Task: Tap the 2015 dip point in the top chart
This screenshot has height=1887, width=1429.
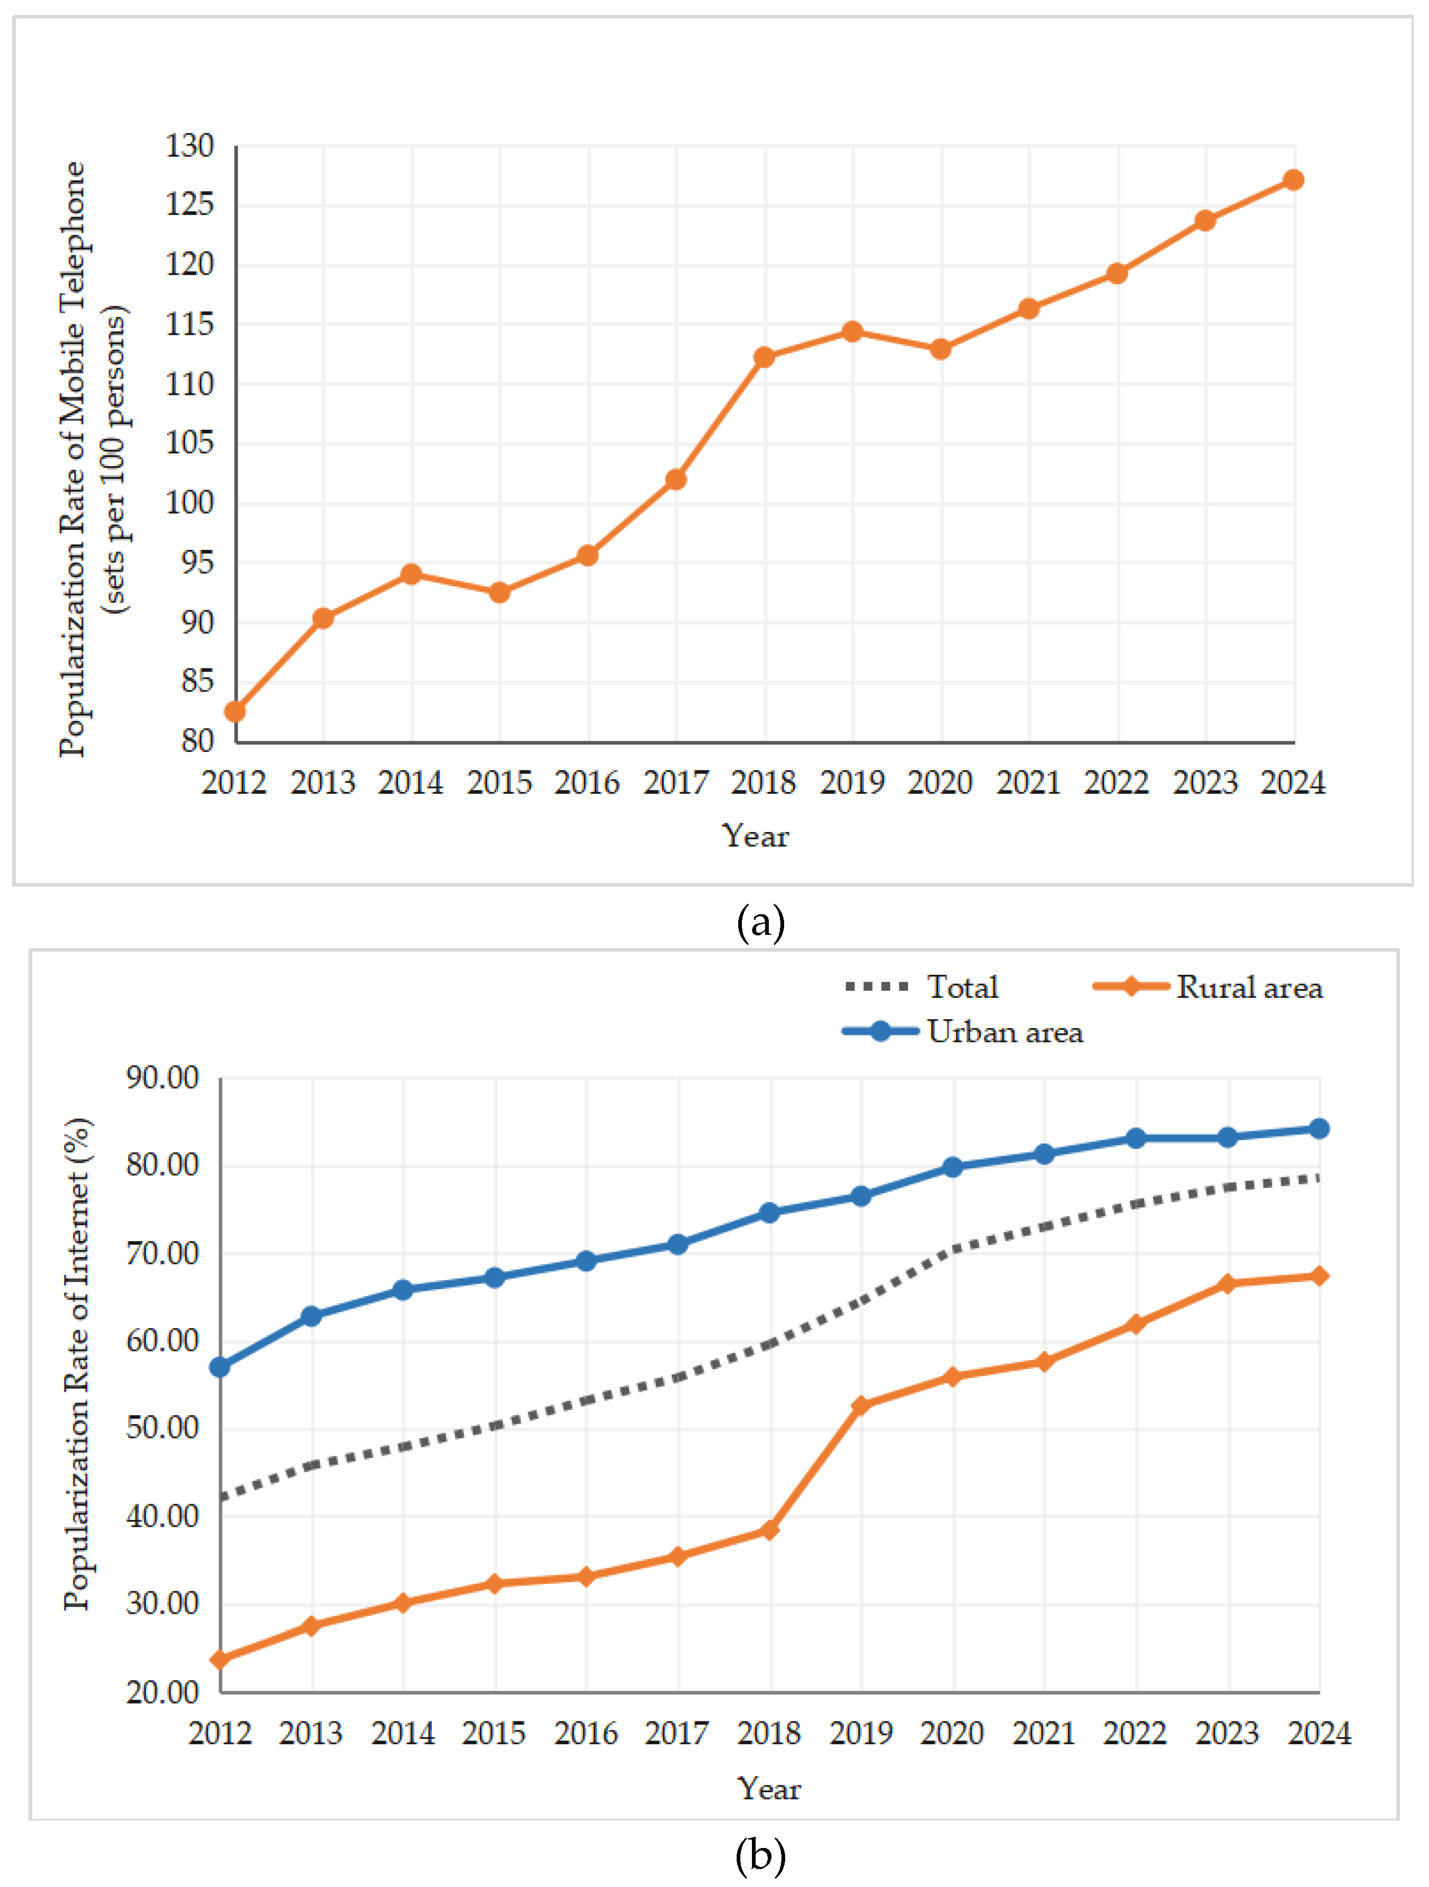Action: tap(499, 592)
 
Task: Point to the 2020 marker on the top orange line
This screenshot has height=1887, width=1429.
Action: tap(940, 349)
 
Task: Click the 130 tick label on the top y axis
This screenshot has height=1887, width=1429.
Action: tap(189, 146)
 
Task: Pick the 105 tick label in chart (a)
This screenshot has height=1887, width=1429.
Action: tap(189, 443)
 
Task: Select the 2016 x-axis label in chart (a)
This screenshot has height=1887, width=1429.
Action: tap(587, 782)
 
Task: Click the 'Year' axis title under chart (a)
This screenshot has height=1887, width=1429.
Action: tap(755, 836)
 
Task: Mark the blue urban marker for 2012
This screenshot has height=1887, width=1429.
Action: tap(220, 1367)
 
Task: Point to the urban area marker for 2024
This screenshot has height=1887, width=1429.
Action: tap(1318, 1129)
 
